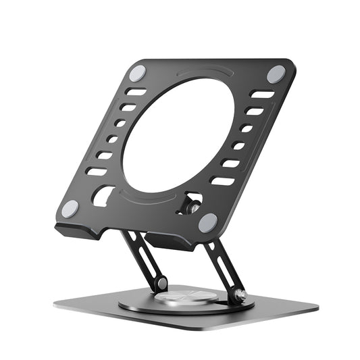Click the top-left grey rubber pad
(137, 73)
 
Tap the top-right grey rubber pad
(275, 74)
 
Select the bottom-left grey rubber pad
(70, 209)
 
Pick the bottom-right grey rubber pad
(208, 222)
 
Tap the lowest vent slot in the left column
(97, 172)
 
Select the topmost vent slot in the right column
(261, 95)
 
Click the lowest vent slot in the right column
(222, 180)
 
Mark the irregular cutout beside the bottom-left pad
(103, 197)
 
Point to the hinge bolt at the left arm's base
(161, 282)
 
